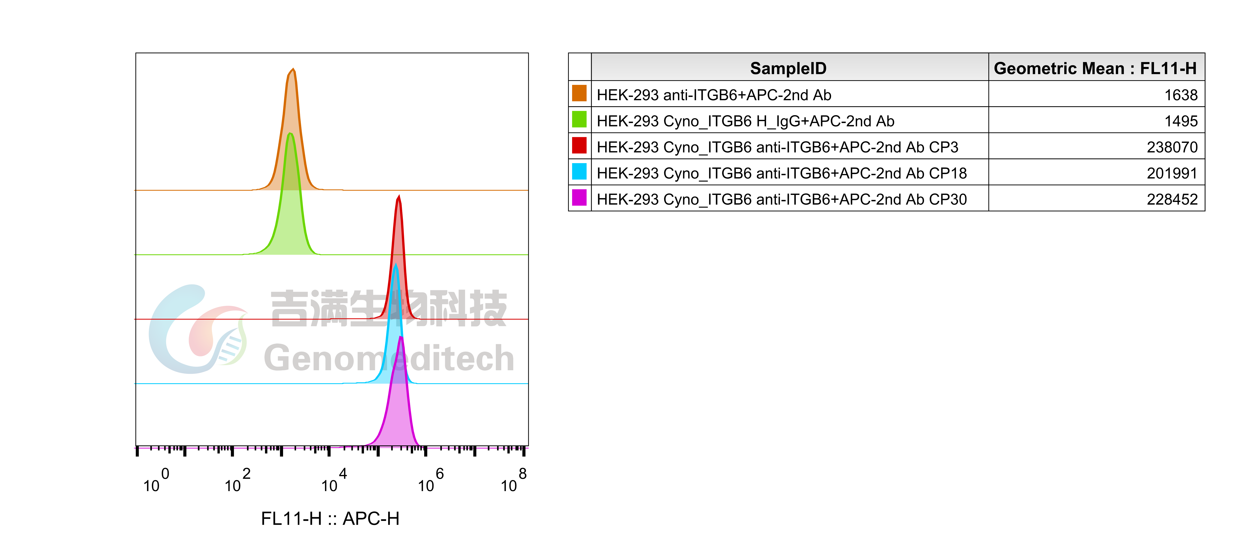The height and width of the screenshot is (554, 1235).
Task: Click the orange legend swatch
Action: tap(579, 93)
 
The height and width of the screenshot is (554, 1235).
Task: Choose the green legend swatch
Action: tap(579, 119)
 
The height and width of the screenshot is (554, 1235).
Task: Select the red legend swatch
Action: tap(579, 145)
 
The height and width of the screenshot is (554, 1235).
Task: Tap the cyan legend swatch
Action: tap(579, 171)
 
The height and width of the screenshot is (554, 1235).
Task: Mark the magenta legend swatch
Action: tap(579, 197)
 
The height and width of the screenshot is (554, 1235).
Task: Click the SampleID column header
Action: tap(788, 68)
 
